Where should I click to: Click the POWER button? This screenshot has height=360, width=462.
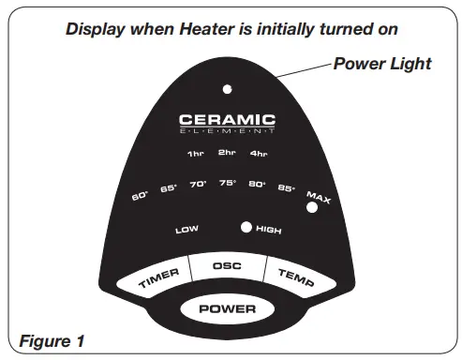pos(228,307)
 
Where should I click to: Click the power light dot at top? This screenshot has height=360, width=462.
pos(228,90)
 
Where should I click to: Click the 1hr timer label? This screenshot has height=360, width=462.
pos(196,154)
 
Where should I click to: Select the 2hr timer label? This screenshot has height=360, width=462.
pos(227,152)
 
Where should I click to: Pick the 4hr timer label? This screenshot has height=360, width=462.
pos(259,154)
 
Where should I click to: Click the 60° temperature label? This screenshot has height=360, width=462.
pos(141,196)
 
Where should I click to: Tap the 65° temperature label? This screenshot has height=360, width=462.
pos(169,189)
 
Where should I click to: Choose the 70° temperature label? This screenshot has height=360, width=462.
pos(198,185)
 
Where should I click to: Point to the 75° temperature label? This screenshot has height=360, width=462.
pos(227,184)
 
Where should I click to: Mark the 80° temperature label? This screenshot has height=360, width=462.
pos(257,185)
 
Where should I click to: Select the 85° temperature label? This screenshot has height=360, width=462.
pos(286,188)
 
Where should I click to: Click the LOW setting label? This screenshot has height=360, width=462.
pos(186,229)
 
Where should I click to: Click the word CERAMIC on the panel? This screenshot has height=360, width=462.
pos(228,120)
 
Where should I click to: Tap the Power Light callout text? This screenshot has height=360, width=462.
pos(381,64)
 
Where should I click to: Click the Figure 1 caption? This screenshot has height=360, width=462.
pos(53,340)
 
